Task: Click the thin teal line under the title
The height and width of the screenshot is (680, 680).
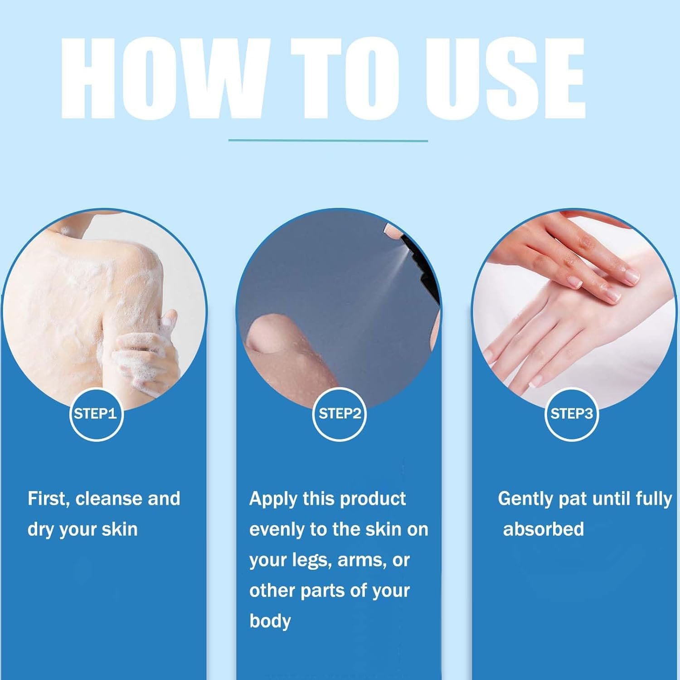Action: pos(328,141)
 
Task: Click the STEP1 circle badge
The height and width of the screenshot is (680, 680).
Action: pos(96,413)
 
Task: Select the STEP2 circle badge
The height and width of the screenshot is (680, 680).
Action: pos(340,413)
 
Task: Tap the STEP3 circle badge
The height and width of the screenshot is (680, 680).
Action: pos(571,413)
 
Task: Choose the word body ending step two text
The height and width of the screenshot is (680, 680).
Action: pos(270,621)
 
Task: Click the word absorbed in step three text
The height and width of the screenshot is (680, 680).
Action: pos(543,529)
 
